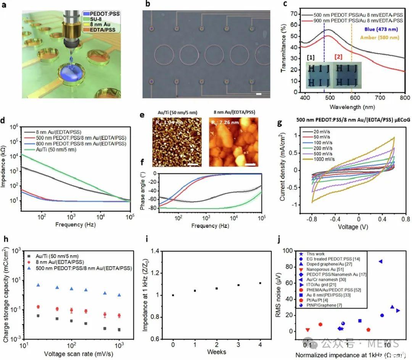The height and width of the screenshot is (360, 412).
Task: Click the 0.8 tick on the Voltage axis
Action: point(405,220)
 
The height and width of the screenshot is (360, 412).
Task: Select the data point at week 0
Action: point(173,295)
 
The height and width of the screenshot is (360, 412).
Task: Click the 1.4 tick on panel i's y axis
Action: point(158,251)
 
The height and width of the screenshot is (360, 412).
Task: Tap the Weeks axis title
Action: point(217,351)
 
